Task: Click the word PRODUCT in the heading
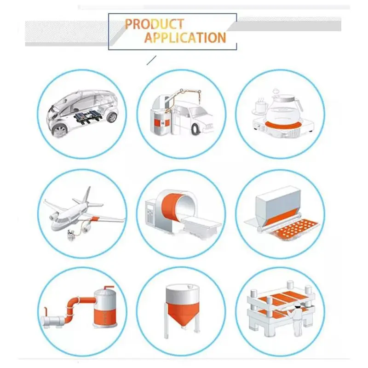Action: pos(154,24)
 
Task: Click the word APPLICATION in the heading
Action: pos(185,38)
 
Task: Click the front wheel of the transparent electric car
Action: pos(60,131)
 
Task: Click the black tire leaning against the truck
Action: pos(195,130)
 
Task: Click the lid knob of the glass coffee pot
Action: pos(275,91)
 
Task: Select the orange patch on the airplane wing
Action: pos(96,219)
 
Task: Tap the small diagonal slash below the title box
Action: pos(151,60)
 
